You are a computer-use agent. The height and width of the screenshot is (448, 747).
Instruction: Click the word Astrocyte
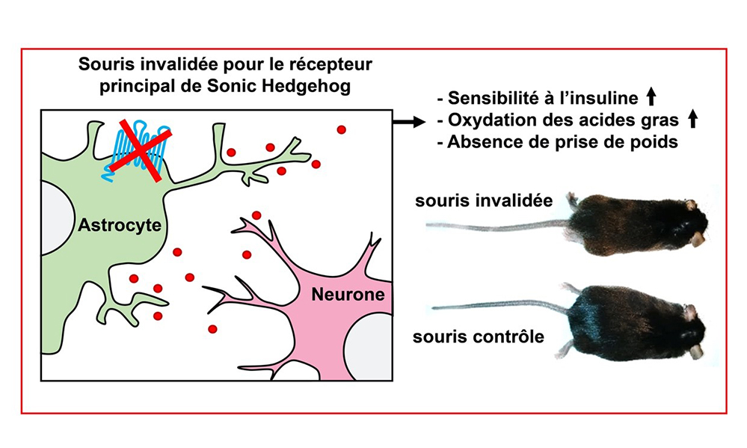(x=120, y=225)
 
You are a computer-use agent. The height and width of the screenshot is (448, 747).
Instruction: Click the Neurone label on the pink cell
(x=348, y=295)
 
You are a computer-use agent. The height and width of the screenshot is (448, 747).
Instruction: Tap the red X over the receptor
(x=140, y=150)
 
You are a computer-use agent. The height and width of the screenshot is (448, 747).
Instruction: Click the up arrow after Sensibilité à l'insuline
(x=651, y=97)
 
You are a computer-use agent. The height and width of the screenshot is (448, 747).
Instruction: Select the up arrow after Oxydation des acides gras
(x=692, y=119)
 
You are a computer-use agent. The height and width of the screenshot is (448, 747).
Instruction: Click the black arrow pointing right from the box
(x=409, y=122)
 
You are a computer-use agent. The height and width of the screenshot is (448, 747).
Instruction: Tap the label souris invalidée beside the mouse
(x=484, y=200)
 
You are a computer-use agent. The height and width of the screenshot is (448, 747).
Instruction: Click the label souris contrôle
(x=479, y=337)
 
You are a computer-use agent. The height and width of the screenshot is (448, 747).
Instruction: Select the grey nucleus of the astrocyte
(x=57, y=218)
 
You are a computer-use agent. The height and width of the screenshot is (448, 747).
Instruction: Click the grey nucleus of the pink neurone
(x=369, y=346)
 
